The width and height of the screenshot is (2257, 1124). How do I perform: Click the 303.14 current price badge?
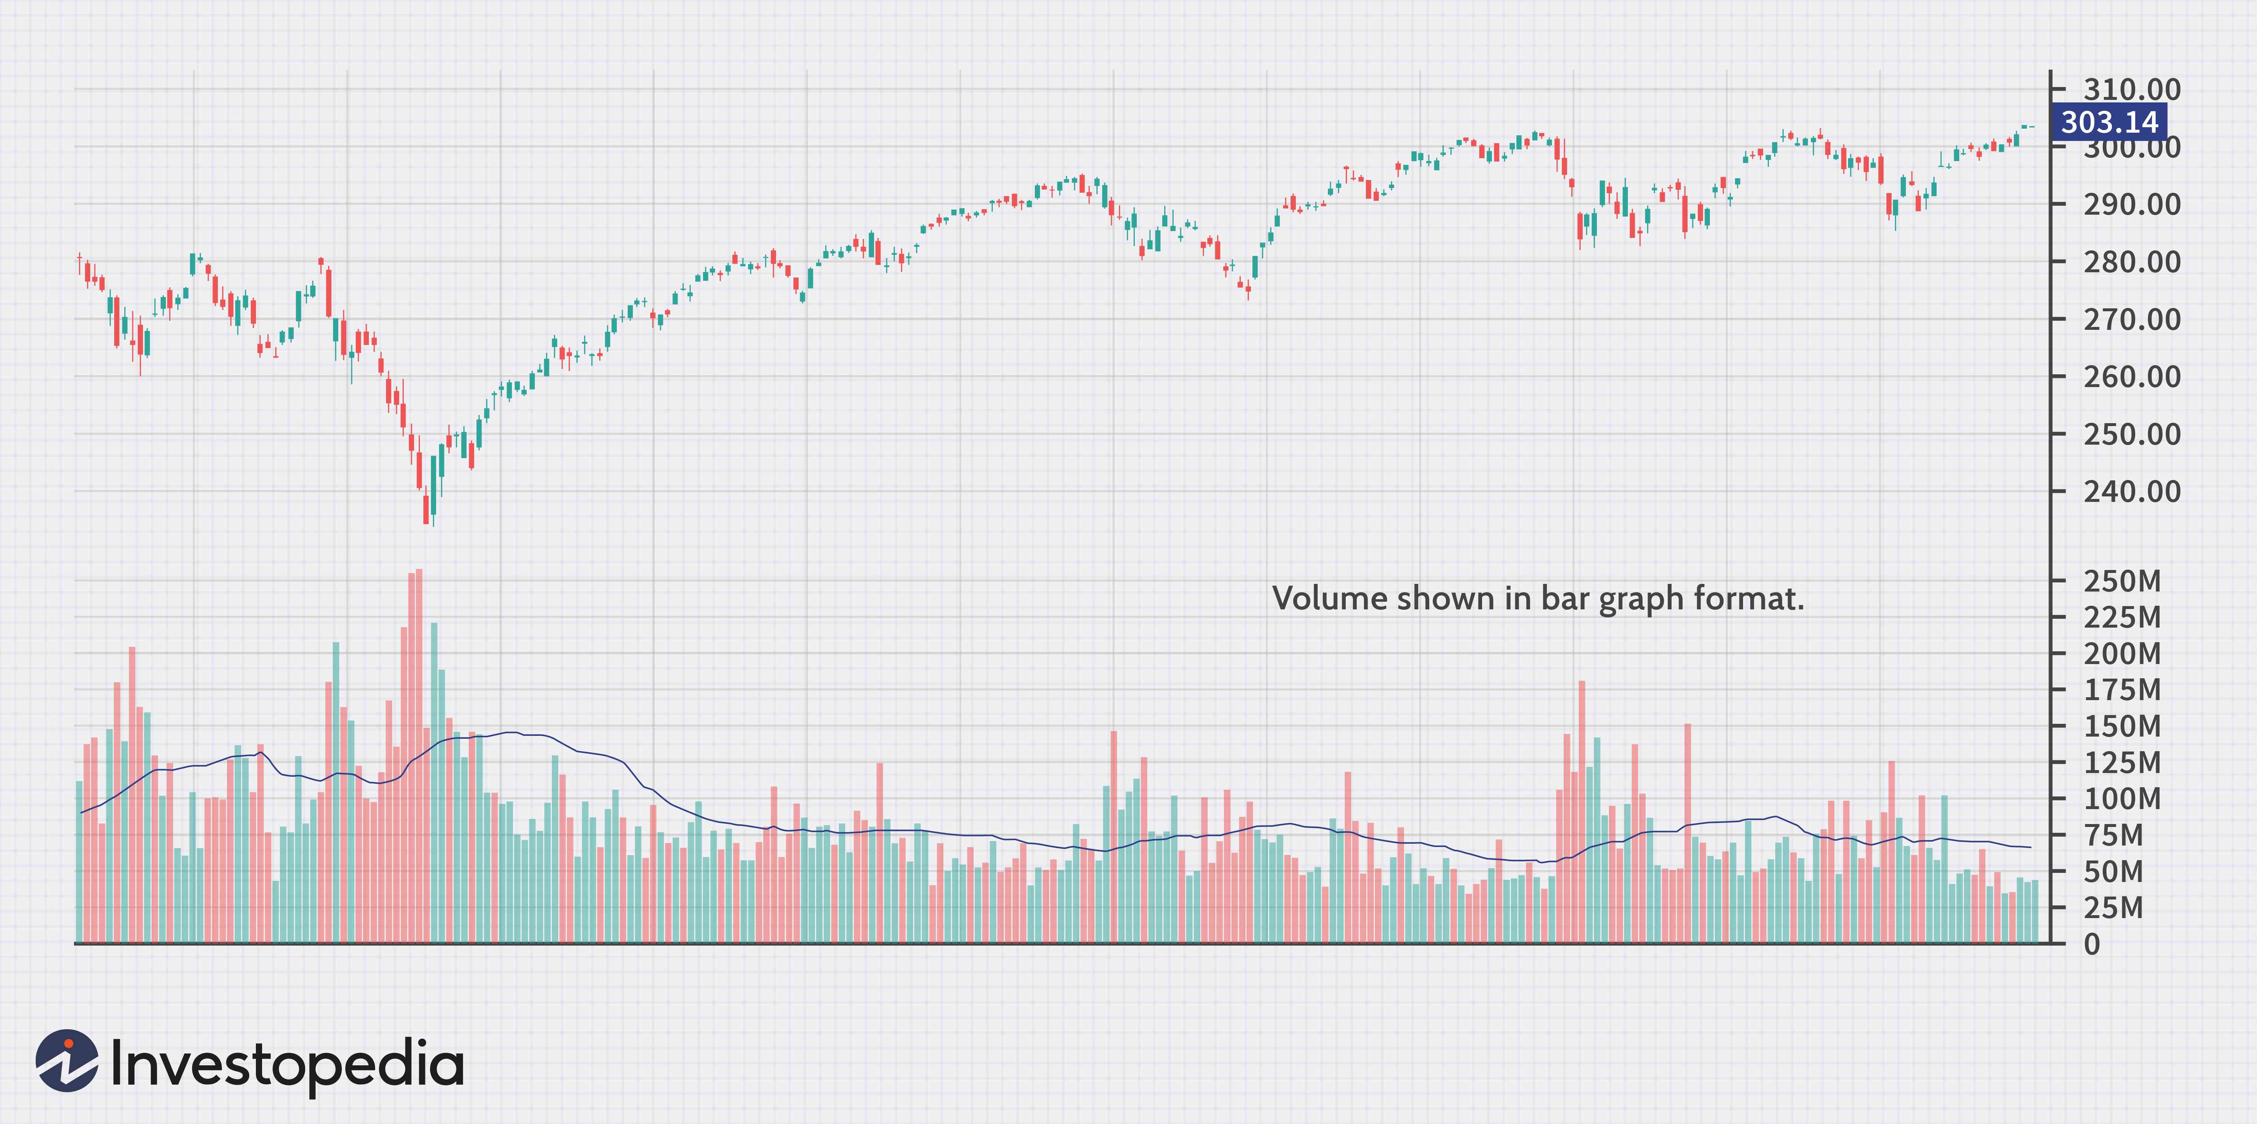coord(2109,122)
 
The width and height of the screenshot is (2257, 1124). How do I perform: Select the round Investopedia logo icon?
coord(67,1061)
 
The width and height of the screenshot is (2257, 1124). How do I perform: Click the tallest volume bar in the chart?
coord(419,755)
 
